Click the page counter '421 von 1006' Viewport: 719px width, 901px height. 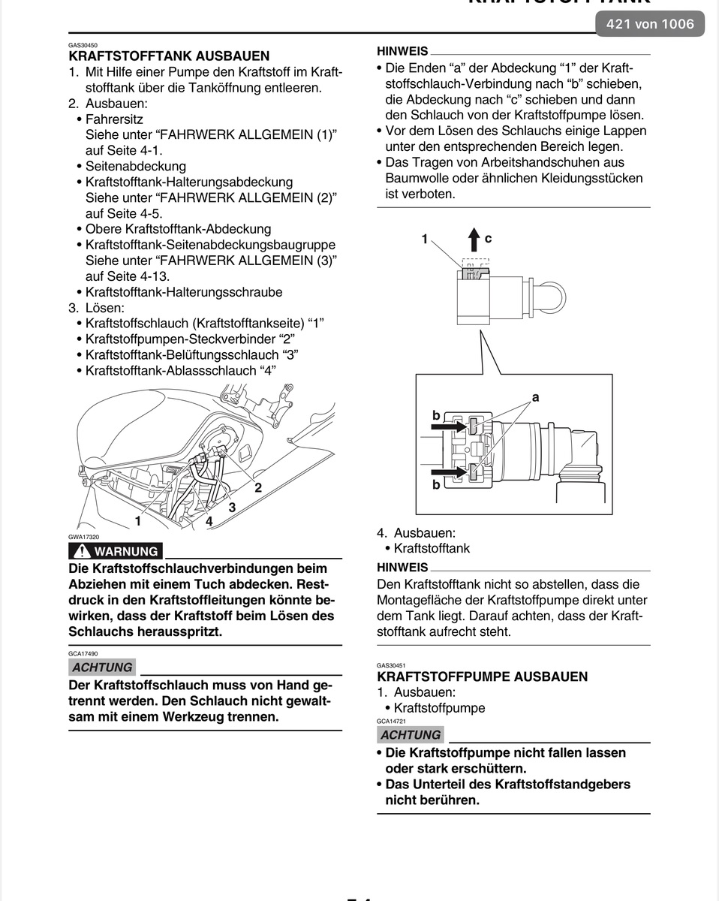click(650, 25)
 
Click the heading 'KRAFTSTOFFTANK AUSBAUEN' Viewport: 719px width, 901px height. click(169, 56)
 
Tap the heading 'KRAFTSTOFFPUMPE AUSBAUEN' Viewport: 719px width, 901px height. click(482, 677)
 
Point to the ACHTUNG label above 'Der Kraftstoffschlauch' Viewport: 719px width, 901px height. click(102, 667)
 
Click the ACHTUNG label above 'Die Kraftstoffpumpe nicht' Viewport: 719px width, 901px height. click(411, 735)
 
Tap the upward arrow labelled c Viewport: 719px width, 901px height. click(474, 240)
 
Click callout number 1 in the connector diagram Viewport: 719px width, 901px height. click(425, 239)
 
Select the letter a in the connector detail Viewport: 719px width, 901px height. click(536, 397)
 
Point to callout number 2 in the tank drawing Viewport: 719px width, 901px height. click(257, 487)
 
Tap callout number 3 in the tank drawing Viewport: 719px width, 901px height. click(232, 508)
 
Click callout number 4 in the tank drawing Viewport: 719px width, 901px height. click(209, 520)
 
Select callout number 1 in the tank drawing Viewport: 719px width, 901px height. click(138, 520)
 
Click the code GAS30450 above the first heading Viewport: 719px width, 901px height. click(83, 46)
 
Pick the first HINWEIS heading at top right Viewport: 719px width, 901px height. click(402, 51)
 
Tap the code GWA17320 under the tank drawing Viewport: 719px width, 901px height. click(83, 538)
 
